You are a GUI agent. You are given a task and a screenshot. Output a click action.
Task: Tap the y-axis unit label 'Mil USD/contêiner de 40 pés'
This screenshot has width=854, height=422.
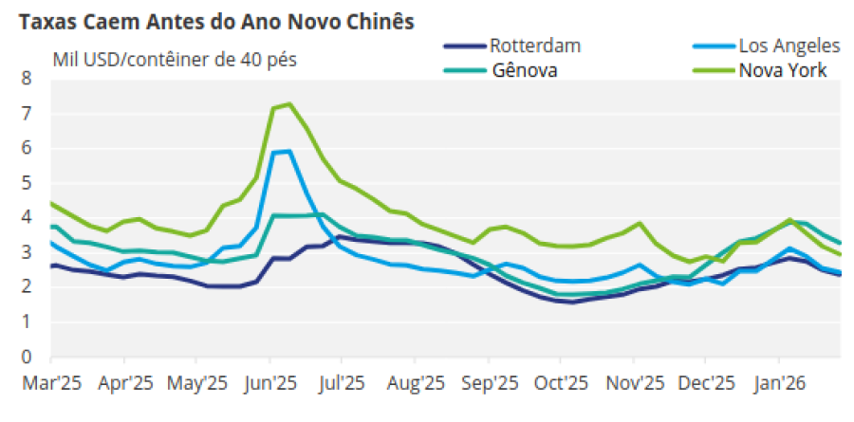point(175,60)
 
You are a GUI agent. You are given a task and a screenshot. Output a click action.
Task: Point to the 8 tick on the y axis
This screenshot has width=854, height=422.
point(26,79)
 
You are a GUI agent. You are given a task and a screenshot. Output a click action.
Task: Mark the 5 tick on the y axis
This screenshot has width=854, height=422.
point(26,183)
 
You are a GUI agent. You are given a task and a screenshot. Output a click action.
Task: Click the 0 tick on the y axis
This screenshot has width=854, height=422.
point(26,358)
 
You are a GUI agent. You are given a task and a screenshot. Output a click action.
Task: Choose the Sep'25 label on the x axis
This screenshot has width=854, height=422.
point(489,384)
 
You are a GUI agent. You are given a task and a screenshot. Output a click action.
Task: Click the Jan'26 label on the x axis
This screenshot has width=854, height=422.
point(779,384)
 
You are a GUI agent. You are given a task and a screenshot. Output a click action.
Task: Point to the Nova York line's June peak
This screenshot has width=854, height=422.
point(288,104)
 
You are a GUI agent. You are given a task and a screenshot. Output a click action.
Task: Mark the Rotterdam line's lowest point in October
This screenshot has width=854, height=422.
point(571,303)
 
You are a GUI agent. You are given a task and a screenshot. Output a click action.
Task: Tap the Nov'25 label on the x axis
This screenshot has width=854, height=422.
point(634,384)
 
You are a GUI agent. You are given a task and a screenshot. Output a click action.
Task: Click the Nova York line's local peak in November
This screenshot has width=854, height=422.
point(641,224)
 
